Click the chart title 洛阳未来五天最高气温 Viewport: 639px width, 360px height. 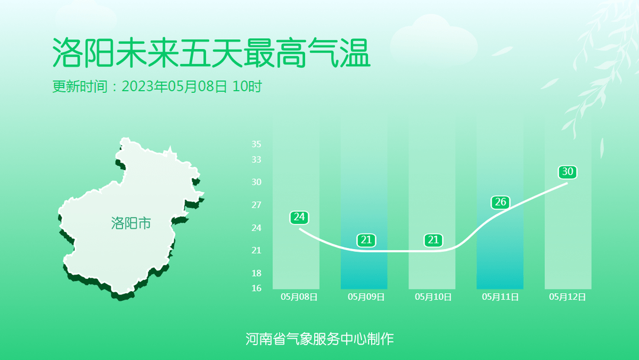coord(211,53)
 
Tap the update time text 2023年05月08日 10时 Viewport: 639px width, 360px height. coord(192,86)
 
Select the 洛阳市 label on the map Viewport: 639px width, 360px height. coord(131,223)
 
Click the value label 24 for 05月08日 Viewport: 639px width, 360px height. coord(299,217)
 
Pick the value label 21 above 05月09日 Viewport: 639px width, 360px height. coord(366,240)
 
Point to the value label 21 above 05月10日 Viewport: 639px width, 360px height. coord(433,240)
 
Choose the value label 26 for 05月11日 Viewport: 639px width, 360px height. coord(501,202)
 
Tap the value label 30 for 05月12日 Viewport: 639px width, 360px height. coord(567,172)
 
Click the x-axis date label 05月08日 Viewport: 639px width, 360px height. coord(299,297)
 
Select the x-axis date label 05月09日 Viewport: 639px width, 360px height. coord(366,297)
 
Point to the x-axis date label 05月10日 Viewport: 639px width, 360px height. coord(433,297)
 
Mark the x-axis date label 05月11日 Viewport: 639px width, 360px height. coord(501,297)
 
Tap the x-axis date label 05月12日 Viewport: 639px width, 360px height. coord(567,297)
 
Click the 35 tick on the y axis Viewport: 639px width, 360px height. coord(256,144)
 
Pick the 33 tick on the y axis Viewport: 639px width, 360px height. coord(256,159)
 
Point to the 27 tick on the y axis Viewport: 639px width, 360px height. coord(256,205)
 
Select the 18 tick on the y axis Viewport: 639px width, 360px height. coord(256,273)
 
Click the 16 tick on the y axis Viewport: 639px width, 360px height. coord(256,288)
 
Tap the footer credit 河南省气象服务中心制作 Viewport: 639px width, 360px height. coord(319,339)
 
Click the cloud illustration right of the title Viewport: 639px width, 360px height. coord(434,41)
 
